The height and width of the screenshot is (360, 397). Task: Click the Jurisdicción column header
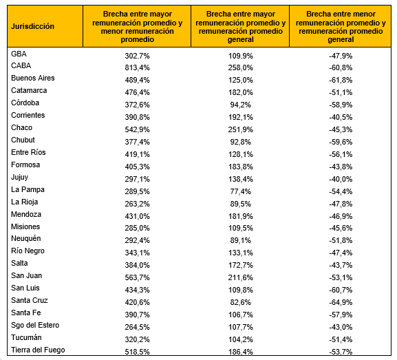pyautogui.click(x=32, y=26)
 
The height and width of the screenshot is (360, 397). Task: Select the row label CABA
pyautogui.click(x=21, y=65)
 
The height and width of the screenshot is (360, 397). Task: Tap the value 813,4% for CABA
pyautogui.click(x=137, y=68)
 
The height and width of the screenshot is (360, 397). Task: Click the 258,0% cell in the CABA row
pyautogui.click(x=241, y=68)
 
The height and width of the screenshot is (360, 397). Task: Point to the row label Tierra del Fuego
pyautogui.click(x=38, y=350)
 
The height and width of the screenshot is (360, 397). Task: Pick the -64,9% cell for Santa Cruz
pyautogui.click(x=341, y=302)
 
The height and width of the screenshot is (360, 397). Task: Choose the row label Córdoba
pyautogui.click(x=25, y=103)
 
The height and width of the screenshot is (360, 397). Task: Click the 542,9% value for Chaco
pyautogui.click(x=137, y=129)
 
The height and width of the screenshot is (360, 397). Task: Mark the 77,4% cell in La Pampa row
pyautogui.click(x=241, y=191)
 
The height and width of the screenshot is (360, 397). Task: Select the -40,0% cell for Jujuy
pyautogui.click(x=341, y=180)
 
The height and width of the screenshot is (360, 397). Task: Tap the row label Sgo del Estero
pyautogui.click(x=35, y=326)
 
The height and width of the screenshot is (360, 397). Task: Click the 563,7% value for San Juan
pyautogui.click(x=137, y=277)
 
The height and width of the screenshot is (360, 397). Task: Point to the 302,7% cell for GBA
pyautogui.click(x=137, y=56)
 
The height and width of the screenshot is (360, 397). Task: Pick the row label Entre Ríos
pyautogui.click(x=28, y=152)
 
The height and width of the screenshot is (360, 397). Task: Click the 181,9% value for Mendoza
pyautogui.click(x=241, y=216)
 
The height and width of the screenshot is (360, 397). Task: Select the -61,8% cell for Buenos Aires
pyautogui.click(x=341, y=81)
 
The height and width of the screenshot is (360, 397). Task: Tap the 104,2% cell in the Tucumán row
pyautogui.click(x=241, y=339)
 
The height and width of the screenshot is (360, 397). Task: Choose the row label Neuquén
pyautogui.click(x=26, y=239)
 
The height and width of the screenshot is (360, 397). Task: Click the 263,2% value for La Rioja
pyautogui.click(x=137, y=204)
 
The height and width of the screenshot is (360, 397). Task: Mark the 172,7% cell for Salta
pyautogui.click(x=241, y=265)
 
